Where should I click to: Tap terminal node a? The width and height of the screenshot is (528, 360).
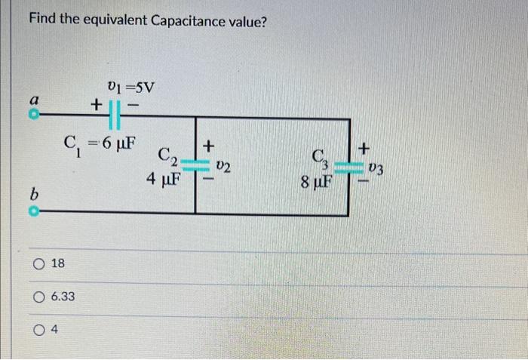[x=34, y=117]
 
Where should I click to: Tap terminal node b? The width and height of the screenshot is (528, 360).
[x=34, y=214]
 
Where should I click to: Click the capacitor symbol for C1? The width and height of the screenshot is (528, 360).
[x=115, y=116]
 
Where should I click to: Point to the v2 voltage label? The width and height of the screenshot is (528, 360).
[x=223, y=166]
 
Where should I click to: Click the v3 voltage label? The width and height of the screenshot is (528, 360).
[x=376, y=169]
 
